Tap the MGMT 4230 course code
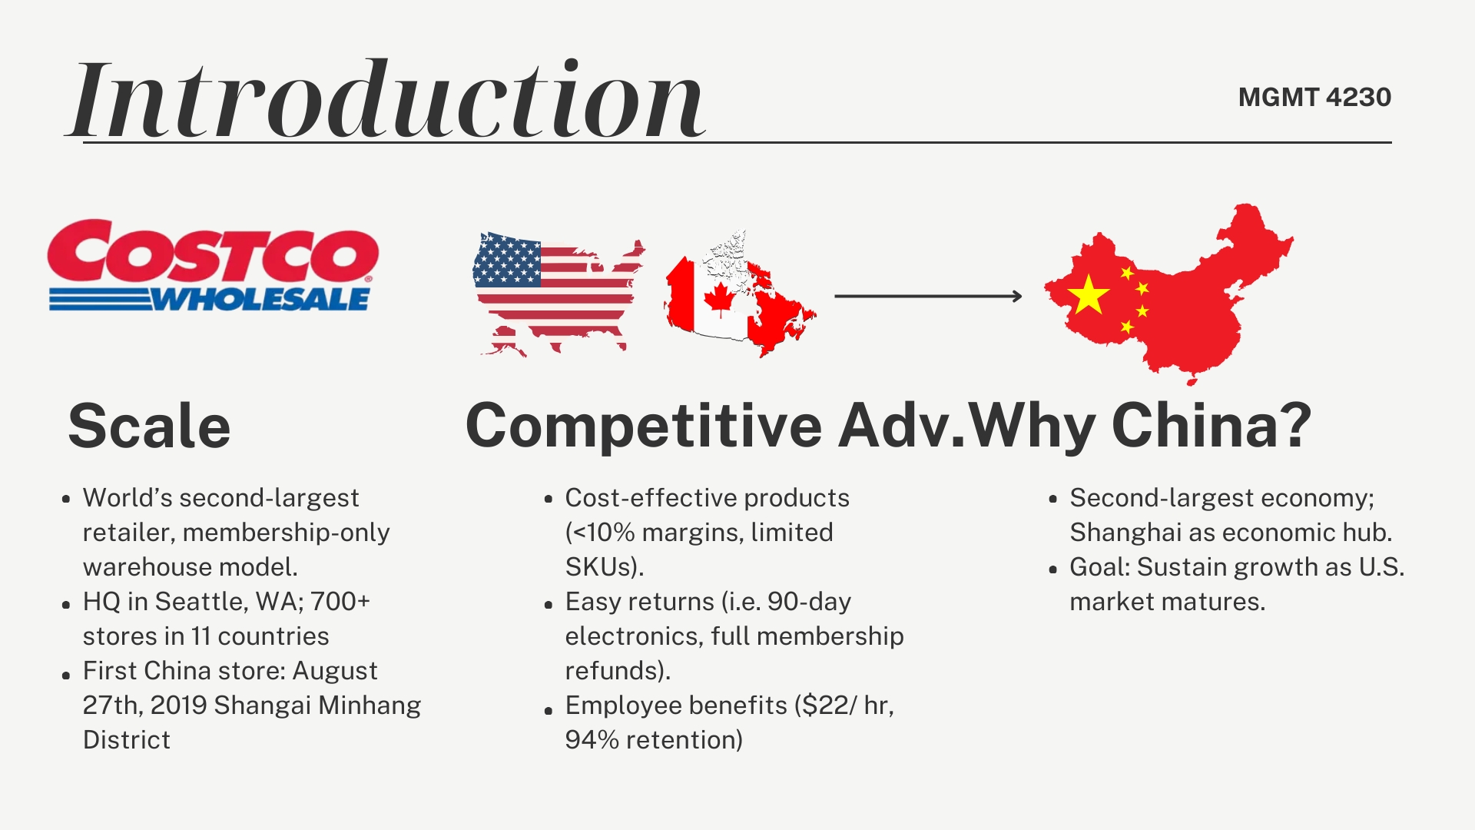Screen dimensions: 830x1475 [1314, 98]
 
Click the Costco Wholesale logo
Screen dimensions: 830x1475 [213, 266]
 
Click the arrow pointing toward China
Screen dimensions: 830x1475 [928, 296]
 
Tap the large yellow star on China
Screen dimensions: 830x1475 [1089, 294]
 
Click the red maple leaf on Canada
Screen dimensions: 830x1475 [719, 299]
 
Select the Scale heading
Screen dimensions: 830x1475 [149, 426]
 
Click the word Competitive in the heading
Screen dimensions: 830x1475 [644, 426]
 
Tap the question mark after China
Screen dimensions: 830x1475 [1296, 426]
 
